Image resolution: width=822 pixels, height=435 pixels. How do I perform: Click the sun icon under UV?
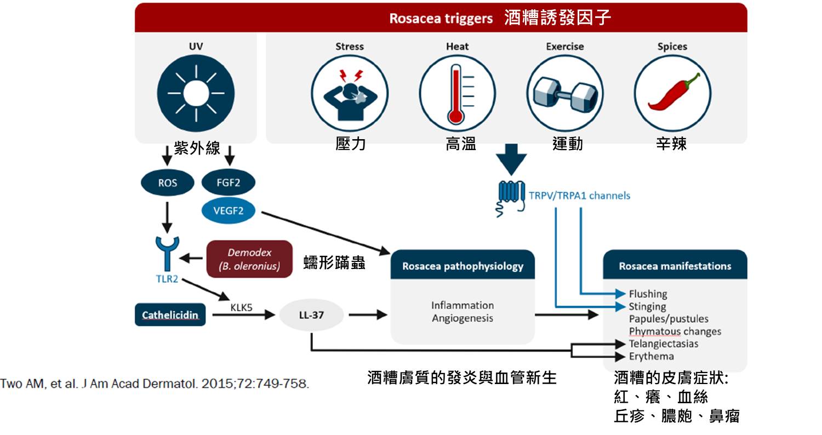(196, 93)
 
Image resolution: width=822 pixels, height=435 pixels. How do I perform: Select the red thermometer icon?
(457, 93)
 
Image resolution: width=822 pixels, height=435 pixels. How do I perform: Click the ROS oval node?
(167, 182)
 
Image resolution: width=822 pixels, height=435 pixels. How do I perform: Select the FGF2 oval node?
(229, 182)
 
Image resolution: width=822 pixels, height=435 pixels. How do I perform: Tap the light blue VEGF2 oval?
(229, 210)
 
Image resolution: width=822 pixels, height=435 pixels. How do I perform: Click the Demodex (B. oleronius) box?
(249, 259)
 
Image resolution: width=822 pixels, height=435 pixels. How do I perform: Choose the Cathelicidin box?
(170, 314)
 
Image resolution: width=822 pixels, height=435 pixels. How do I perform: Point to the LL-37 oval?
(311, 315)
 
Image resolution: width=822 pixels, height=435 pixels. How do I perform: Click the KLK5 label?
(241, 307)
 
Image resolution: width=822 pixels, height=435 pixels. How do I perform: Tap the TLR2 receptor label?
(167, 279)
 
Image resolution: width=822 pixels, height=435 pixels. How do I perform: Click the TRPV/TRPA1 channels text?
(579, 196)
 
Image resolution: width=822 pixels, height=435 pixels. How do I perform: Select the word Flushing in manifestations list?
(648, 294)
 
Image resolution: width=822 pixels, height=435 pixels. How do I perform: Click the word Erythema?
(652, 356)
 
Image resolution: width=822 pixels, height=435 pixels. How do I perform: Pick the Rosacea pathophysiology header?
(463, 266)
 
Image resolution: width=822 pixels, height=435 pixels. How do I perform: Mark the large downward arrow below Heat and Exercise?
(511, 159)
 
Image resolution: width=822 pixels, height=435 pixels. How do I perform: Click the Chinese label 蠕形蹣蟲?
(334, 262)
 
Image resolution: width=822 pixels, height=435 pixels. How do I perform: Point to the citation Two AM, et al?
(155, 384)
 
